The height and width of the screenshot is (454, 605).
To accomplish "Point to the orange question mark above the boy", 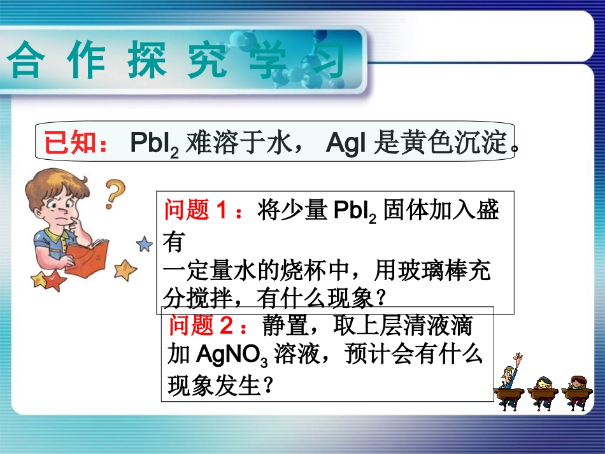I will coord(115,192).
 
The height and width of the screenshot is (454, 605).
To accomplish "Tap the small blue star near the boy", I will coord(145,243).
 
